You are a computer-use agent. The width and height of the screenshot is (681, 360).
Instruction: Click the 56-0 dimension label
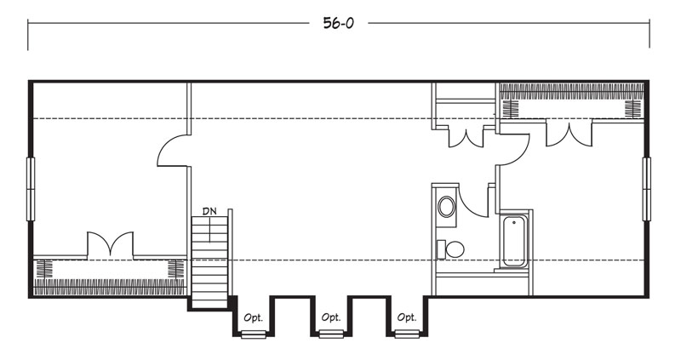pos(338,23)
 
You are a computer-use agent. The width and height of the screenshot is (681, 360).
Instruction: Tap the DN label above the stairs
pos(209,211)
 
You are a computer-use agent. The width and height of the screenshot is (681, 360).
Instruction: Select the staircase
pos(209,262)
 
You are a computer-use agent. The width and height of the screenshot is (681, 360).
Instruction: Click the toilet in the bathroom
pos(451,249)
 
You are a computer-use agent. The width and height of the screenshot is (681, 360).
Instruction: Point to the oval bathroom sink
pos(446,206)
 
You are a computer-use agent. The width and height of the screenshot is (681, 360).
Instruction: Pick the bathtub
pos(514,241)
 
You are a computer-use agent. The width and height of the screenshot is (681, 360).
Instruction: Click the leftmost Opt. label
pos(253,318)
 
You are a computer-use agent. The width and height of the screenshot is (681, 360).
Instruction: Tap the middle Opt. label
pos(331,317)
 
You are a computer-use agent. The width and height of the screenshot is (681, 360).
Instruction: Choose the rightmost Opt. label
pos(407,317)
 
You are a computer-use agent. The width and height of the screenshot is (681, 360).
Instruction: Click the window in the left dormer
pos(254,334)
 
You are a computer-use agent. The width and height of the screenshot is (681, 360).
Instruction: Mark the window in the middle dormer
pos(331,334)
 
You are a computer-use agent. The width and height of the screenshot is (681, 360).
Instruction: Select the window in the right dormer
pos(407,334)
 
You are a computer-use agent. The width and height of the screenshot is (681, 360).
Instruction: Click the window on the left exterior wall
pos(31,189)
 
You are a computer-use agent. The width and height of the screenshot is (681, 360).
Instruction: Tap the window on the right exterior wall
pos(647,189)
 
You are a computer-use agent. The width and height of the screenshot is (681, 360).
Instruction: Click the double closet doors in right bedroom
pos(569,134)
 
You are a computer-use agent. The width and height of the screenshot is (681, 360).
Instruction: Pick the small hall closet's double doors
pos(466,138)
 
